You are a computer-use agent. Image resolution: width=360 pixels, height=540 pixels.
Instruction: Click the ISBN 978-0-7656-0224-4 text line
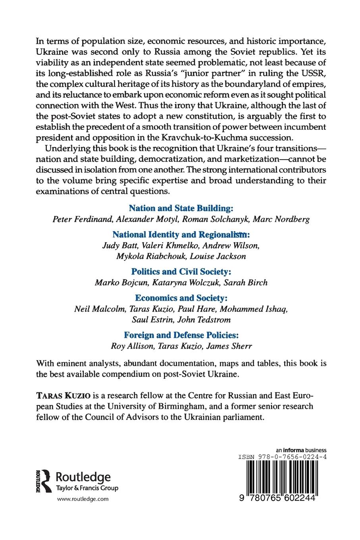tap(282, 457)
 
